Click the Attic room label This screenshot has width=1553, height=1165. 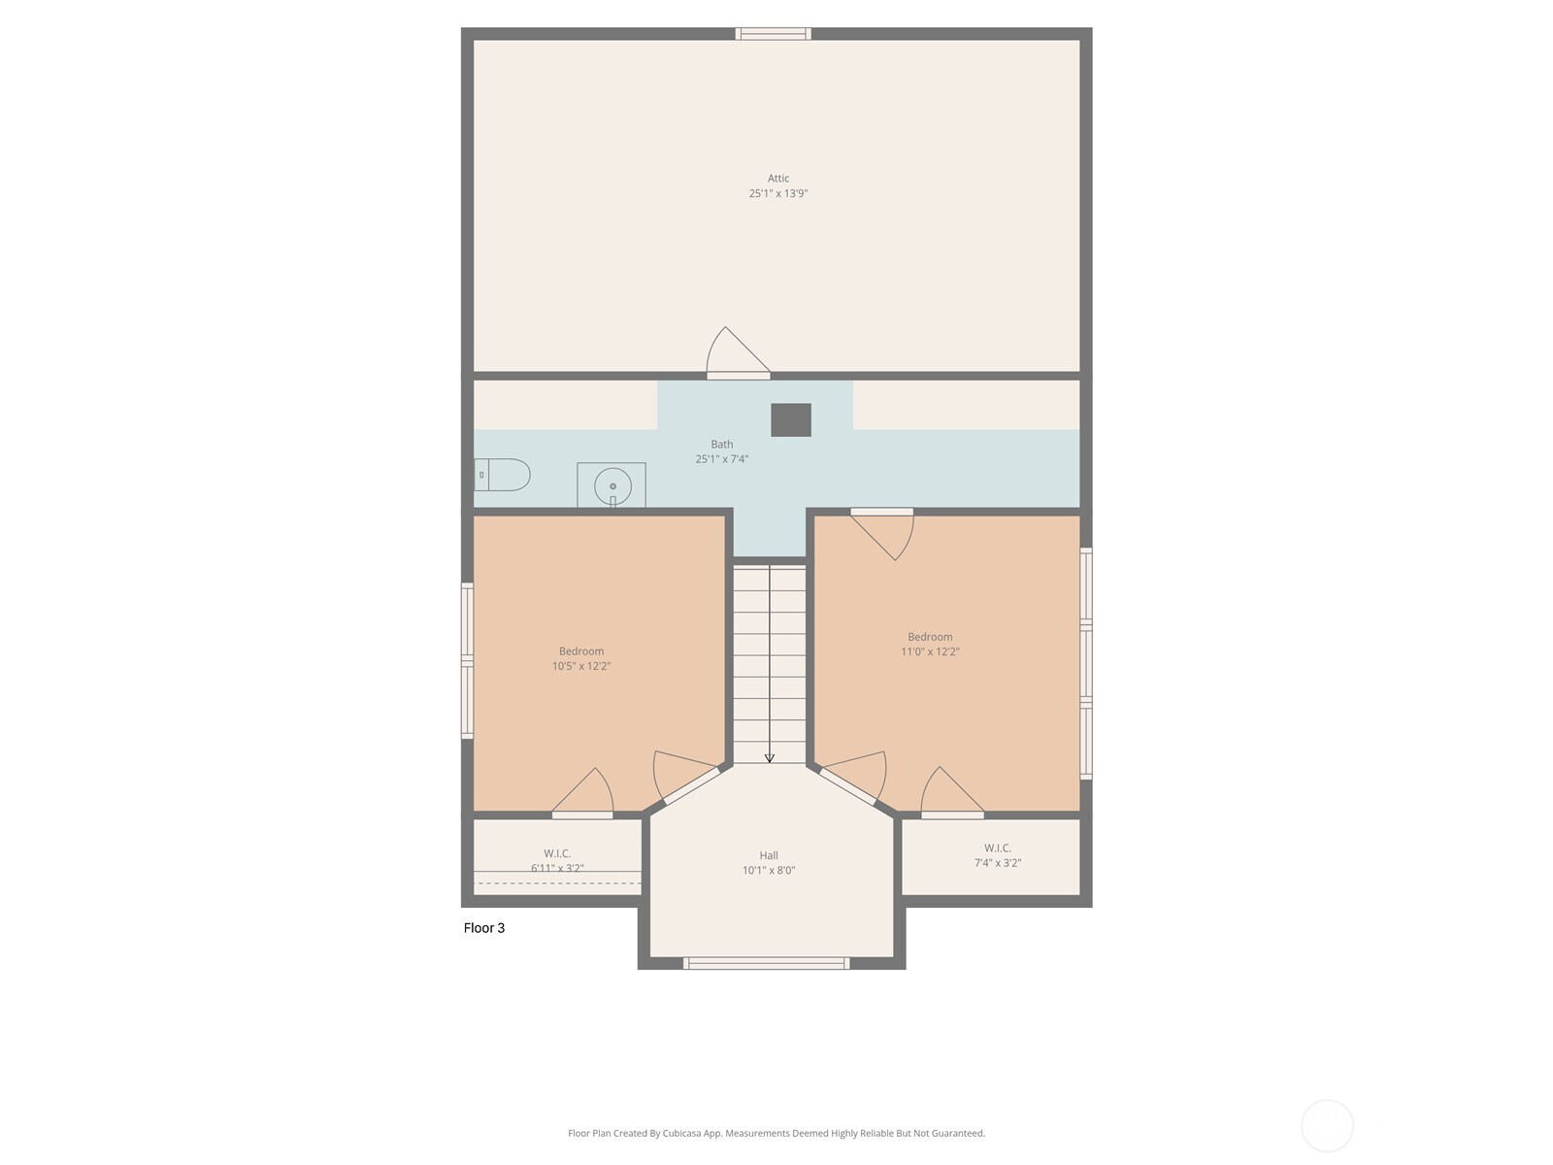pyautogui.click(x=777, y=179)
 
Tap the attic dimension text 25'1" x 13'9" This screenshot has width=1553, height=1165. pyautogui.click(x=777, y=194)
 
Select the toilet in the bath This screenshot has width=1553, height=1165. pyautogui.click(x=503, y=475)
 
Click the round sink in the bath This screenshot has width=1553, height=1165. pyautogui.click(x=612, y=484)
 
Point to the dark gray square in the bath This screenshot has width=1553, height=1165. pyautogui.click(x=791, y=420)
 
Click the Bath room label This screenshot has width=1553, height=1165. pyautogui.click(x=721, y=445)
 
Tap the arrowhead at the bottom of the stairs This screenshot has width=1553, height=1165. pyautogui.click(x=770, y=758)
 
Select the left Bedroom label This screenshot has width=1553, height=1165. pyautogui.click(x=581, y=651)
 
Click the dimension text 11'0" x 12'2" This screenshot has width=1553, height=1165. pyautogui.click(x=930, y=652)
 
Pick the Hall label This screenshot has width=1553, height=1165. pyautogui.click(x=769, y=855)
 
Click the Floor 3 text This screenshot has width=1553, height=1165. pyautogui.click(x=484, y=928)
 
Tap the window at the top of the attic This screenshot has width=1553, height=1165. pyautogui.click(x=773, y=34)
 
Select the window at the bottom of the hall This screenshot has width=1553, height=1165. pyautogui.click(x=767, y=963)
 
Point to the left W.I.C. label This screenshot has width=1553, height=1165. pyautogui.click(x=557, y=853)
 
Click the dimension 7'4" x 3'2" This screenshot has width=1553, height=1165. pyautogui.click(x=998, y=863)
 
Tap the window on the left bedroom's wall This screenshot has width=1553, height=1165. pyautogui.click(x=467, y=660)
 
